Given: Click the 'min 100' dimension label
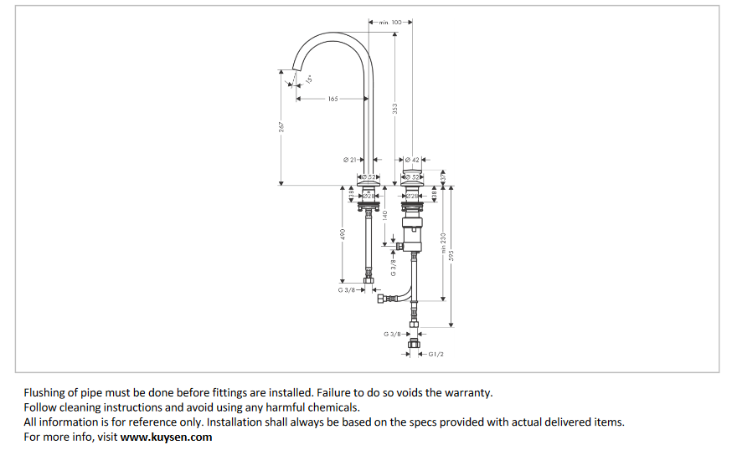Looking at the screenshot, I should tap(390, 23).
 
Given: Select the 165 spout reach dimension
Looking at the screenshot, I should tap(332, 99).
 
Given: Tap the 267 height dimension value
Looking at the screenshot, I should tap(282, 126).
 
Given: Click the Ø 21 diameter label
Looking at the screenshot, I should tap(350, 159).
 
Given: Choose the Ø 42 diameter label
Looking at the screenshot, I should tap(411, 159).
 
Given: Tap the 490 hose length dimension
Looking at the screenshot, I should tap(343, 235).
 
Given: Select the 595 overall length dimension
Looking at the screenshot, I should tap(451, 254).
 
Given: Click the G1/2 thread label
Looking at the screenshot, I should tap(436, 355).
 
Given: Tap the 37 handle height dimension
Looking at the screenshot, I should tap(442, 176).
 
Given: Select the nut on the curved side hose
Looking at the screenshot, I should tap(384, 298).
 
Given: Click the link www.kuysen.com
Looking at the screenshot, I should tap(166, 437).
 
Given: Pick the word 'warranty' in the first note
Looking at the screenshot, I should tap(470, 392).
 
